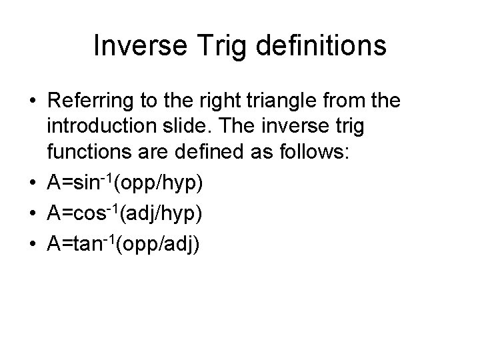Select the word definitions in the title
317,47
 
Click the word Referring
91,101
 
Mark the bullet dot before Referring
32,102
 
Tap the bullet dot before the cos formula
32,214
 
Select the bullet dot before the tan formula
32,244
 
